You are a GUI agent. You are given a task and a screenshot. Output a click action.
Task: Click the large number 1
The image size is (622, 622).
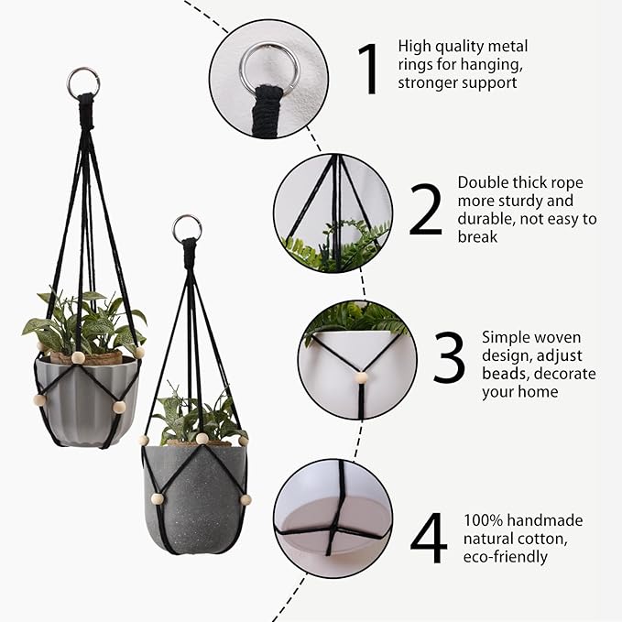(x=368, y=69)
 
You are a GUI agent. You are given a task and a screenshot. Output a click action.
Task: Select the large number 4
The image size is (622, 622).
(x=428, y=540)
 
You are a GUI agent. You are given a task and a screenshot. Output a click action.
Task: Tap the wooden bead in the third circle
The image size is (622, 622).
(x=361, y=377)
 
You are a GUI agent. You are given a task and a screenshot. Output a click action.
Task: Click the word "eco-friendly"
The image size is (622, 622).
(x=506, y=556)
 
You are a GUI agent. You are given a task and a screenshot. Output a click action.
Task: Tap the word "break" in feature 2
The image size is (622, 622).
(x=478, y=236)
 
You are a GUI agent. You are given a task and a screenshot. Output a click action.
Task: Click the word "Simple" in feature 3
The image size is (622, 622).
(x=507, y=338)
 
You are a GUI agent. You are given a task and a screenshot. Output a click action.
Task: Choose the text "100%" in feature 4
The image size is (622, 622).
(x=481, y=520)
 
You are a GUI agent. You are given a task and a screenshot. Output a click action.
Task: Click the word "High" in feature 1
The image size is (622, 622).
(x=415, y=46)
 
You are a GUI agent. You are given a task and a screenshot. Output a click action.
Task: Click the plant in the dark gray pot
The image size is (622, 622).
(x=195, y=417)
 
